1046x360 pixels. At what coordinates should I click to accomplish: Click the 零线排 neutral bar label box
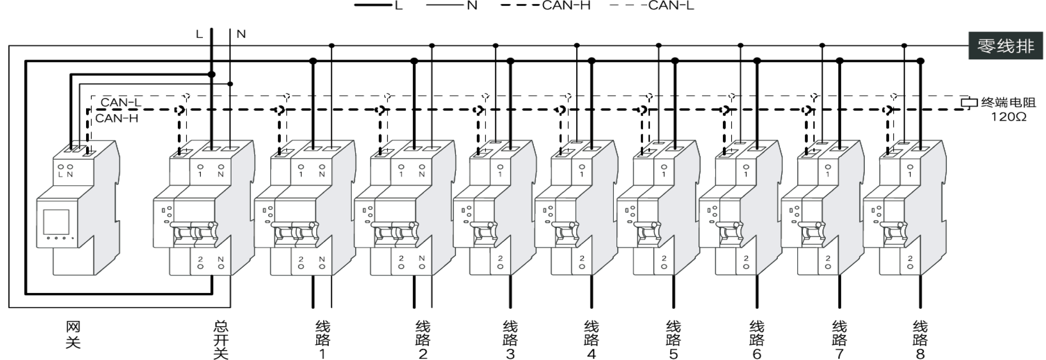coord(1005,45)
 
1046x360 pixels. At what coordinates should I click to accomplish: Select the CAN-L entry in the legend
coord(652,6)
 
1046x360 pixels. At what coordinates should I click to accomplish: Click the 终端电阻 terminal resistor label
coord(1008,103)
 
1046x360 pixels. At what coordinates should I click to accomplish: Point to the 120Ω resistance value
coord(1009,117)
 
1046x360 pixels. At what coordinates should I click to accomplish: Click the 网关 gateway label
coord(73,334)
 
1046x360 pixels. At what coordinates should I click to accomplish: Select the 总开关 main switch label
coord(221,340)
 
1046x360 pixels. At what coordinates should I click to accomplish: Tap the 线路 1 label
coord(323,340)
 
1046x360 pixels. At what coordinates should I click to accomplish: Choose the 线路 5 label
coord(674,340)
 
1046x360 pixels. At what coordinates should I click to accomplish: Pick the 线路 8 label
coord(920,340)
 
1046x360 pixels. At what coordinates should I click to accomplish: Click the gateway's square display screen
coord(56,222)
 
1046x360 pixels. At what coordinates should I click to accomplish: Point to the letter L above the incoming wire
coord(199,34)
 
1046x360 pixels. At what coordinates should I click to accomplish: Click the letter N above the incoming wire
coord(241,34)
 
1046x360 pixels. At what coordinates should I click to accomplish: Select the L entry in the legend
coord(379,6)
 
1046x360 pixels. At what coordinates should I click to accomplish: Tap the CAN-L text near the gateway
coord(121,103)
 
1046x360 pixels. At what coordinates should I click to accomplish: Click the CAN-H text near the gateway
coord(116,118)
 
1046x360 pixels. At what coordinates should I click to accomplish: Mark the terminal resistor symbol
coord(969,103)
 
